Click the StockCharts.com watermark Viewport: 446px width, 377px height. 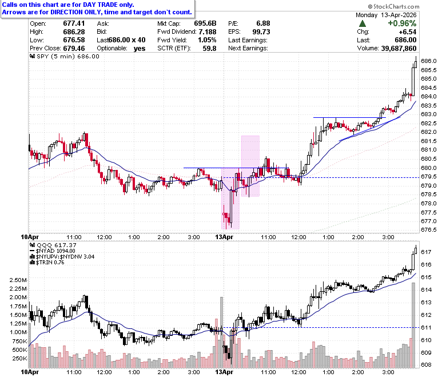pyautogui.click(x=393, y=6)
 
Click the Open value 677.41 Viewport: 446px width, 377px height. pyautogui.click(x=74, y=23)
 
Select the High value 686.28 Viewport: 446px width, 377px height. pyautogui.click(x=74, y=32)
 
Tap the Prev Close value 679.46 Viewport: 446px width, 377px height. pyautogui.click(x=74, y=49)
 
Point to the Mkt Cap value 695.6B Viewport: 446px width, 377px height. pyautogui.click(x=205, y=23)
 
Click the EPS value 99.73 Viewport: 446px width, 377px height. pyautogui.click(x=261, y=32)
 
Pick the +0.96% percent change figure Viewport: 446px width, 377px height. pyautogui.click(x=402, y=23)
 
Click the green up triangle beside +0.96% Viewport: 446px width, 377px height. pyautogui.click(x=363, y=23)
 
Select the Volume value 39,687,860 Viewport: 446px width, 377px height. pyautogui.click(x=399, y=49)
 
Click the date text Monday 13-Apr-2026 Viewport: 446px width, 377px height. pyautogui.click(x=386, y=15)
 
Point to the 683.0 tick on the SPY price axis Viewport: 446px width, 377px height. pyautogui.click(x=429, y=114)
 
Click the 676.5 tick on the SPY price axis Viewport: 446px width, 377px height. pyautogui.click(x=429, y=230)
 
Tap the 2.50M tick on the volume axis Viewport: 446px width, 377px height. pyautogui.click(x=18, y=280)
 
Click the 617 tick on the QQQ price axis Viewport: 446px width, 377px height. pyautogui.click(x=426, y=252)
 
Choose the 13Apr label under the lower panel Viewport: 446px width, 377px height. pyautogui.click(x=224, y=372)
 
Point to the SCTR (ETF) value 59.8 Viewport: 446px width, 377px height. pyautogui.click(x=209, y=49)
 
